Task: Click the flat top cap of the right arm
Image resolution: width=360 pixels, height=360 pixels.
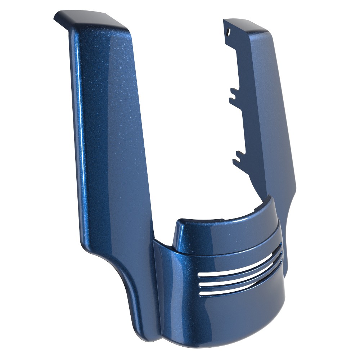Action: [x=248, y=25]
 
